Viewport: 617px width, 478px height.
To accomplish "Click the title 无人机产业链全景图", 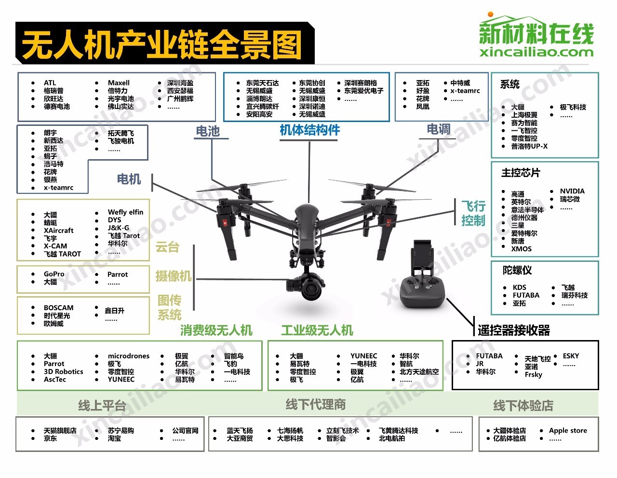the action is pyautogui.click(x=161, y=44).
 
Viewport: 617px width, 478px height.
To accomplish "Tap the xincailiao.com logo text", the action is pyautogui.click(x=536, y=53).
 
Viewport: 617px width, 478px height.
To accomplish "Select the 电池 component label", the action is pyautogui.click(x=208, y=131).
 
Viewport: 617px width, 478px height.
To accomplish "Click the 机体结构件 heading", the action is pyautogui.click(x=309, y=130).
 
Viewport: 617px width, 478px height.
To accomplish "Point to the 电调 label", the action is pyautogui.click(x=438, y=129).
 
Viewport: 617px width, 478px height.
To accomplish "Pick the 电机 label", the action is pyautogui.click(x=129, y=179).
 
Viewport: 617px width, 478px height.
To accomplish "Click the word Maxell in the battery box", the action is pyautogui.click(x=119, y=83).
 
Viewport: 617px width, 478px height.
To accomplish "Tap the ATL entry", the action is pyautogui.click(x=50, y=83).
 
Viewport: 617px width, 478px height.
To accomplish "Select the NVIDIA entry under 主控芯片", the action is pyautogui.click(x=572, y=191).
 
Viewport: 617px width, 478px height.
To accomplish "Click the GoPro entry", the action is pyautogui.click(x=54, y=274).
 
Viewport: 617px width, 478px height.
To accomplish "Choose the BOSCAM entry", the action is pyautogui.click(x=58, y=308).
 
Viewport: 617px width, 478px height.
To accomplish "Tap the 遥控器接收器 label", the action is pyautogui.click(x=514, y=330).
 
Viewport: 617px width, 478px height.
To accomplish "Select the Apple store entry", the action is pyautogui.click(x=568, y=431).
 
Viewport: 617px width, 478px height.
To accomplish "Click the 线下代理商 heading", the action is pyautogui.click(x=315, y=404).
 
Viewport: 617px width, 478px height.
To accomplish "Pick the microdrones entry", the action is pyautogui.click(x=128, y=356).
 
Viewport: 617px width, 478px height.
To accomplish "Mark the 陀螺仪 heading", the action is pyautogui.click(x=517, y=270).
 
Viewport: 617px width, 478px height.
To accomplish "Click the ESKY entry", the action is pyautogui.click(x=571, y=356).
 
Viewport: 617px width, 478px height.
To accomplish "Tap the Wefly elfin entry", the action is pyautogui.click(x=125, y=212).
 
